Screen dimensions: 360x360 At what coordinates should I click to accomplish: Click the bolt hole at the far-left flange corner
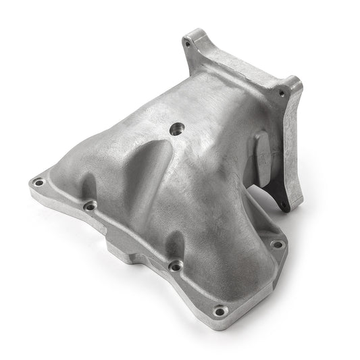(x=38, y=182)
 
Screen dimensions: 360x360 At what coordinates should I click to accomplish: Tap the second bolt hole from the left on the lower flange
(x=89, y=207)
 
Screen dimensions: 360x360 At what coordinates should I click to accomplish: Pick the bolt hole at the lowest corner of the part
(x=219, y=311)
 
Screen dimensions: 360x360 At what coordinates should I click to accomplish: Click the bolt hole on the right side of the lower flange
(x=276, y=244)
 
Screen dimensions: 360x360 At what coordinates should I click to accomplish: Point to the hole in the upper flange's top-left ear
(x=187, y=45)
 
